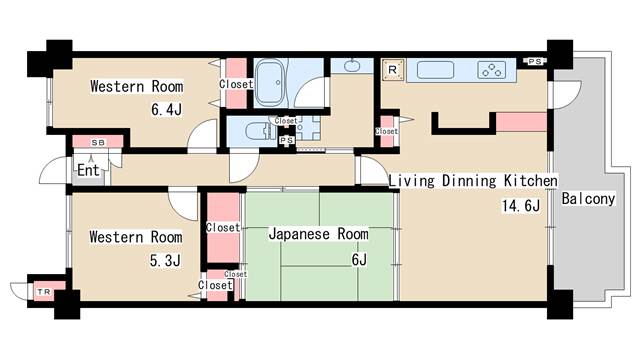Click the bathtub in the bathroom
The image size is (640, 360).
click(271, 78)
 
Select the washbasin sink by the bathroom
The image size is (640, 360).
click(351, 67)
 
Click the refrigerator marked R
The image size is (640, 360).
click(394, 70)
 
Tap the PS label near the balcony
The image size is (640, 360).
click(534, 62)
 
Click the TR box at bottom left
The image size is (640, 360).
click(44, 291)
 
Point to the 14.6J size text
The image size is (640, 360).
click(520, 206)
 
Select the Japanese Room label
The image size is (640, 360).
click(318, 234)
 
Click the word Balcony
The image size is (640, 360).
click(587, 199)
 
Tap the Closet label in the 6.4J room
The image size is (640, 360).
click(236, 85)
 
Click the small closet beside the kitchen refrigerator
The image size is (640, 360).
click(386, 130)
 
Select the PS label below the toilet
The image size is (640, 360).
click(286, 141)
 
